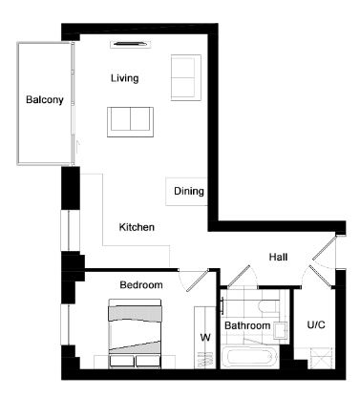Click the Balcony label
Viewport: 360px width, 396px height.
pyautogui.click(x=45, y=100)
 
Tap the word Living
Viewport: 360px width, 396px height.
pyautogui.click(x=125, y=78)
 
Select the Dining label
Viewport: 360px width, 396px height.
pyautogui.click(x=189, y=191)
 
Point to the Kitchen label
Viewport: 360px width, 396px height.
pyautogui.click(x=137, y=227)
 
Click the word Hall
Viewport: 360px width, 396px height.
pyautogui.click(x=278, y=257)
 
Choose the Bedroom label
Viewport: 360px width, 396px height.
pyautogui.click(x=141, y=284)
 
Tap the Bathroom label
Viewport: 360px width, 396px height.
pyautogui.click(x=247, y=325)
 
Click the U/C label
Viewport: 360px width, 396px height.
pyautogui.click(x=316, y=324)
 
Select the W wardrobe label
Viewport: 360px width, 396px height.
pyautogui.click(x=205, y=337)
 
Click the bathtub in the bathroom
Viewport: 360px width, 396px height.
pyautogui.click(x=249, y=356)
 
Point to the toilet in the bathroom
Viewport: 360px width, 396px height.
pyautogui.click(x=267, y=306)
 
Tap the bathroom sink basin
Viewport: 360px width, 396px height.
pyautogui.click(x=281, y=330)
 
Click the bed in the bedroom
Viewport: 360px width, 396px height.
pyautogui.click(x=135, y=333)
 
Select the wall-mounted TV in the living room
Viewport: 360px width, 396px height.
pyautogui.click(x=131, y=44)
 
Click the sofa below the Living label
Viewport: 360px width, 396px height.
pyautogui.click(x=130, y=122)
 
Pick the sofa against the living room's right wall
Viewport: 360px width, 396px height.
pyautogui.click(x=186, y=77)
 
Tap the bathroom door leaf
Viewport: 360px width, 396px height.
pyautogui.click(x=239, y=276)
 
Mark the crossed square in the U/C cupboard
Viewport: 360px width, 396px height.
pyautogui.click(x=321, y=359)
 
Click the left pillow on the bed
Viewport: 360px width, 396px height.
pyautogui.click(x=121, y=362)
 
